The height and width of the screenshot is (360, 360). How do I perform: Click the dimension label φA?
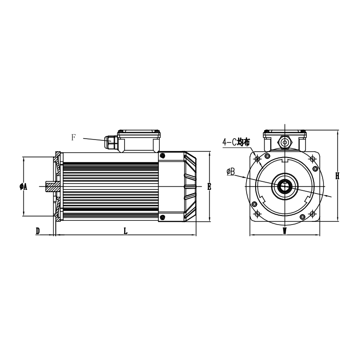click(x=23, y=187)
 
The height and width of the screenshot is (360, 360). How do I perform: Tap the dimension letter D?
click(x=38, y=231)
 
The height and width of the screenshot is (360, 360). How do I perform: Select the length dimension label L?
click(x=126, y=231)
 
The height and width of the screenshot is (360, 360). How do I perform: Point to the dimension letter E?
click(x=209, y=187)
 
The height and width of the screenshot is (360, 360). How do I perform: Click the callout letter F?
click(x=73, y=137)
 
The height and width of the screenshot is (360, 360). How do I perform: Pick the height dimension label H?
click(x=337, y=176)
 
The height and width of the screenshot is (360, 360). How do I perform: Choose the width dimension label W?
click(x=285, y=231)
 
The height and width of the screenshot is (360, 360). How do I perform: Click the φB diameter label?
click(x=230, y=171)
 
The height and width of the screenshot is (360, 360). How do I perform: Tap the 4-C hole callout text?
click(x=236, y=142)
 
